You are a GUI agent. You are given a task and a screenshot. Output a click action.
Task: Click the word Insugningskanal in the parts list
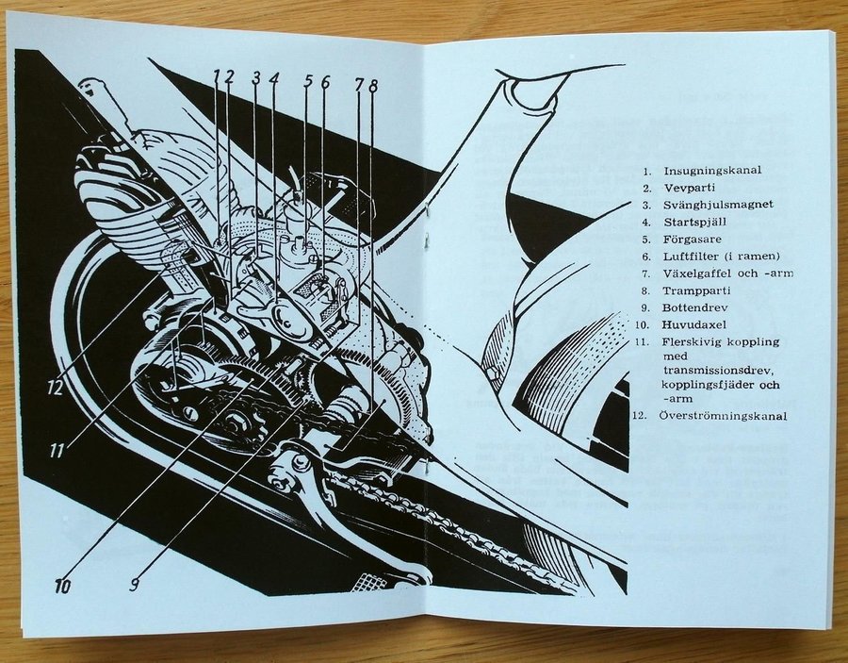(x=712, y=171)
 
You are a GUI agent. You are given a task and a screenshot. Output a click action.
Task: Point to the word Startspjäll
(x=695, y=223)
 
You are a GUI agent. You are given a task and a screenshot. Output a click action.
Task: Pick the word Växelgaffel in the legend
(x=696, y=273)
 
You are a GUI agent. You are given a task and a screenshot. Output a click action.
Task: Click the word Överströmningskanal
(x=723, y=416)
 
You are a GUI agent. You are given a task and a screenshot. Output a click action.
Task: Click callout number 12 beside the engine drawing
(x=56, y=388)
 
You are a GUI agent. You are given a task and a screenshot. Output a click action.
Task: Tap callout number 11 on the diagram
(x=57, y=450)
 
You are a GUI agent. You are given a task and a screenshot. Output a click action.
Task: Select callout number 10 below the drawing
(x=63, y=585)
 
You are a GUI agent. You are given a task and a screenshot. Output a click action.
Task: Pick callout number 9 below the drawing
(x=135, y=584)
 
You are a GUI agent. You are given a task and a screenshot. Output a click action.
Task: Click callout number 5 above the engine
(x=308, y=81)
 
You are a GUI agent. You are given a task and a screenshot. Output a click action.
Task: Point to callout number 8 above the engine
(x=373, y=85)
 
